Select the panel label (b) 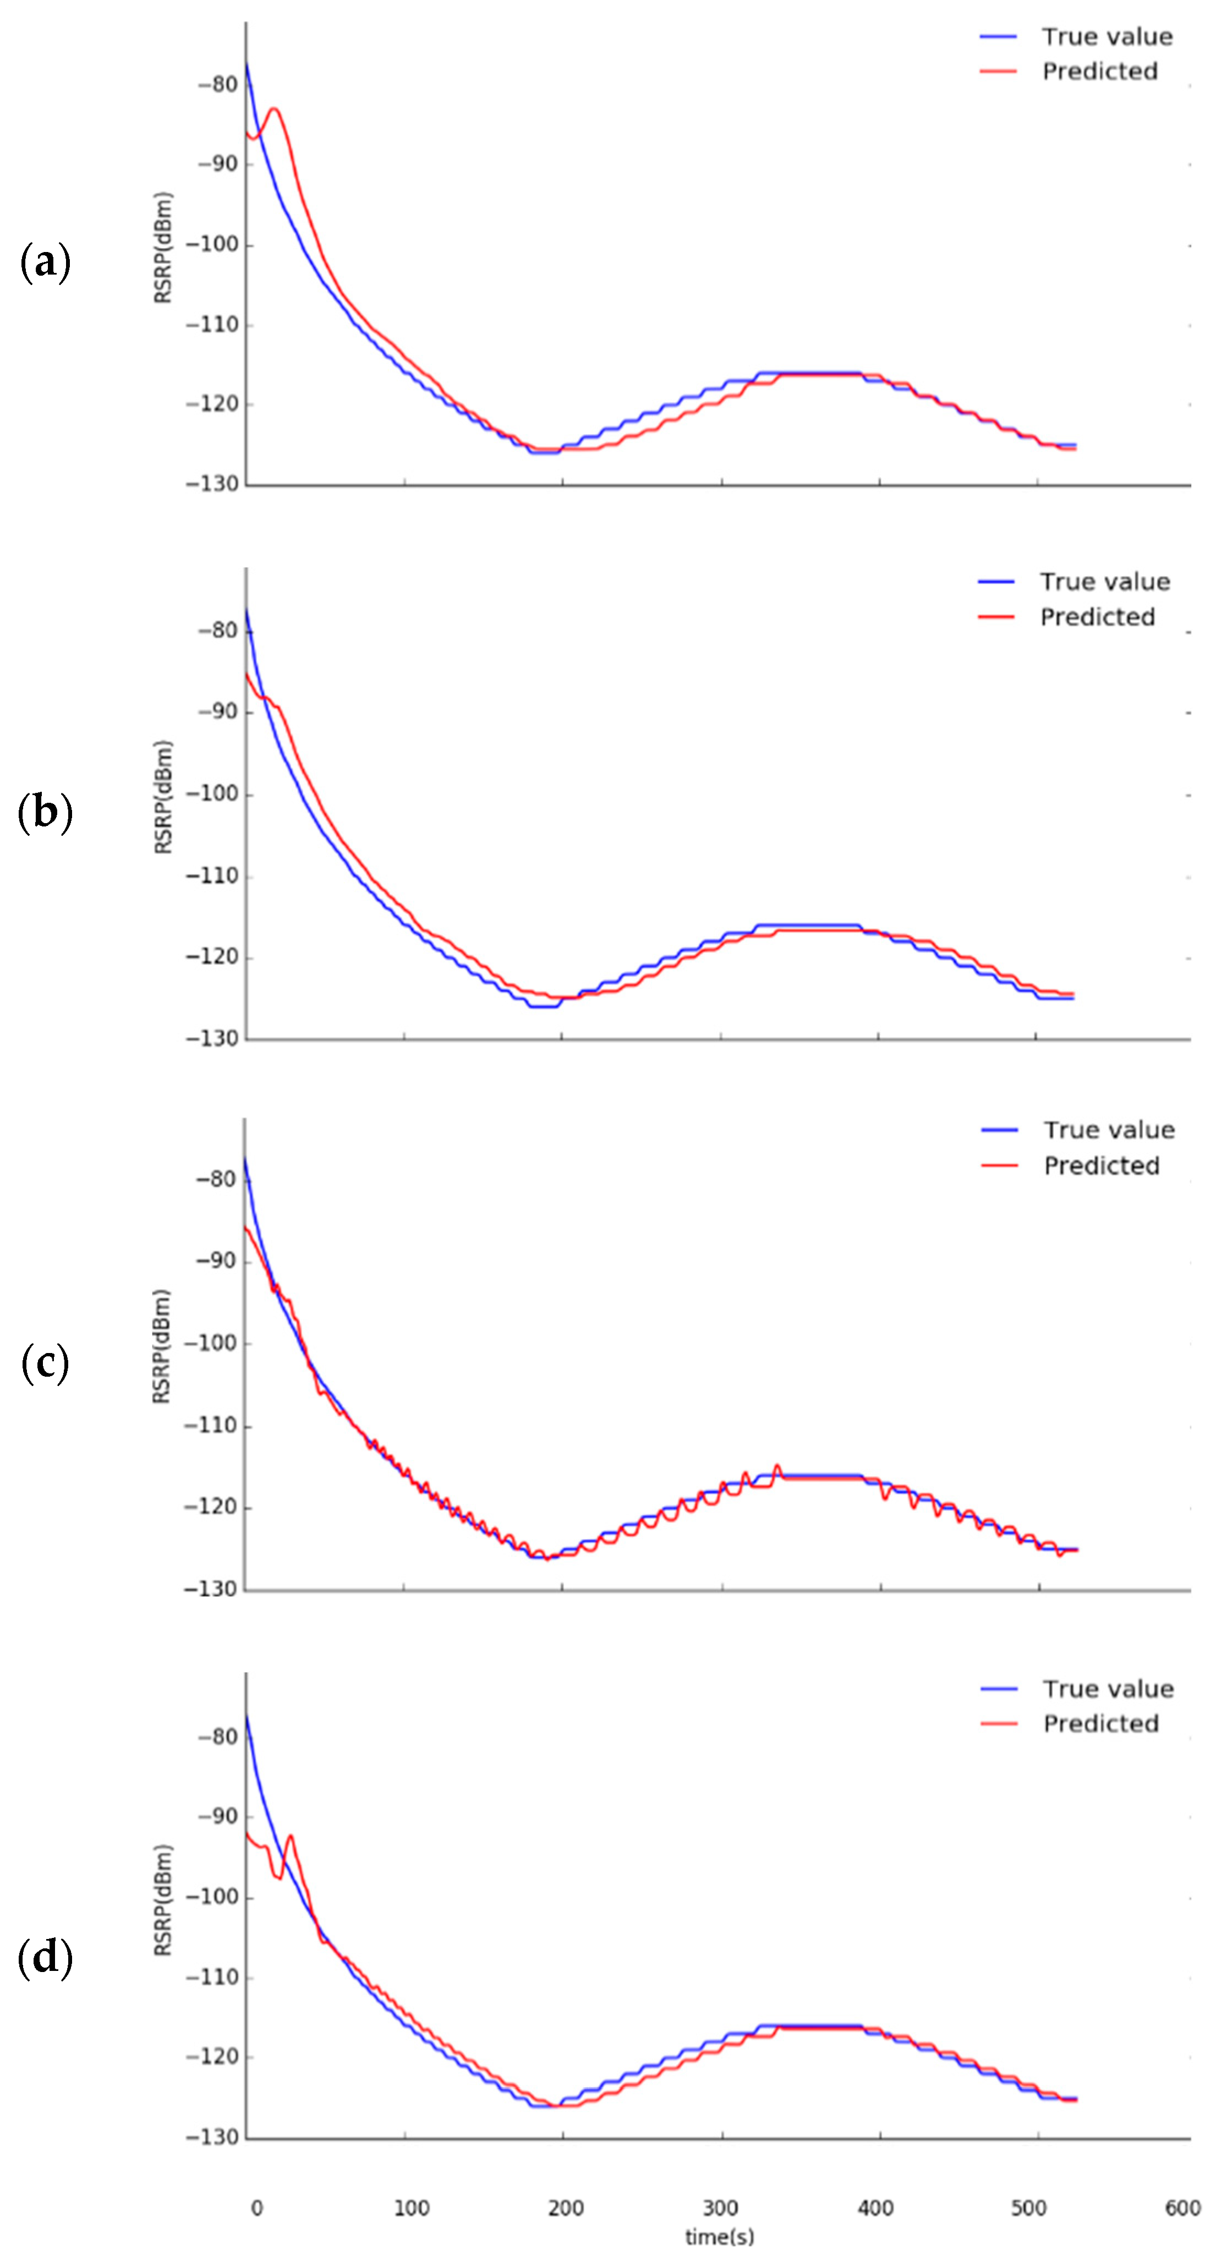point(45,812)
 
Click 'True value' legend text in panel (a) point(1107,37)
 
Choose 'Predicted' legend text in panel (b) point(1098,617)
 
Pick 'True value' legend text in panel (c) point(1109,1130)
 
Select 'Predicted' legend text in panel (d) point(1101,1724)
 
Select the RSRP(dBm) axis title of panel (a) point(163,248)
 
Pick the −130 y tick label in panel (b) point(212,1039)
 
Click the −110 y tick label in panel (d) point(212,1976)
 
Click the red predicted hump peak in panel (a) point(274,109)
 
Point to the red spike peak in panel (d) point(291,1835)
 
